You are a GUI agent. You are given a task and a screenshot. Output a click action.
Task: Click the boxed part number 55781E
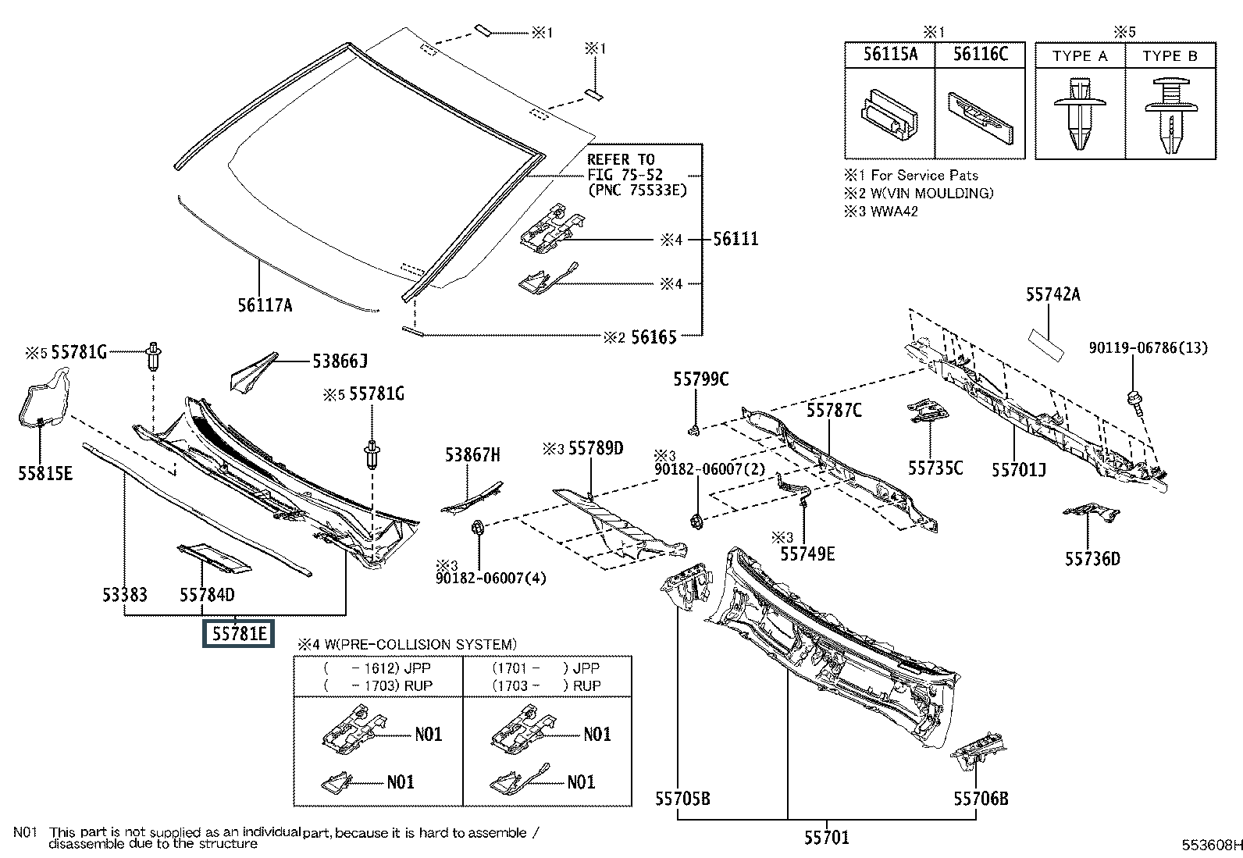pyautogui.click(x=237, y=634)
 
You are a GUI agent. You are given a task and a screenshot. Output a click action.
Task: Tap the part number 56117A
pyautogui.click(x=265, y=305)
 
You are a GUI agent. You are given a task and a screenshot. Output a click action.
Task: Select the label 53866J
pyautogui.click(x=340, y=361)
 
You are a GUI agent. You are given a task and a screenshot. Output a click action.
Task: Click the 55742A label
pyautogui.click(x=1052, y=294)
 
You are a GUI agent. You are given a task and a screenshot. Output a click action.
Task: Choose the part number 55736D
pyautogui.click(x=1092, y=558)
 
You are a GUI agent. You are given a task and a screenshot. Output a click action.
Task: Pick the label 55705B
pyautogui.click(x=682, y=798)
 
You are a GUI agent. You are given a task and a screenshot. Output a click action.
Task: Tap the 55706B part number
pyautogui.click(x=981, y=798)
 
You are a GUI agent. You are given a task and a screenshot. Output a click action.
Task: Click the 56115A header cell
pyautogui.click(x=890, y=54)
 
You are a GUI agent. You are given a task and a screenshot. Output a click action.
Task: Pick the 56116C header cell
pyautogui.click(x=981, y=54)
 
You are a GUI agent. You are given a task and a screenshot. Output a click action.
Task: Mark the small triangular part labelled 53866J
pyautogui.click(x=251, y=372)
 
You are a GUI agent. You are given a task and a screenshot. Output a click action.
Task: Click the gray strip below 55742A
pyautogui.click(x=1047, y=343)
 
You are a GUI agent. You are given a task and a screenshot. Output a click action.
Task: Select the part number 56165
pyautogui.click(x=654, y=336)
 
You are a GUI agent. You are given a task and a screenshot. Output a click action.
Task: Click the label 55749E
pyautogui.click(x=807, y=554)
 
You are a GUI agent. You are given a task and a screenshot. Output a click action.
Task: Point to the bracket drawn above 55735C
pyautogui.click(x=928, y=411)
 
